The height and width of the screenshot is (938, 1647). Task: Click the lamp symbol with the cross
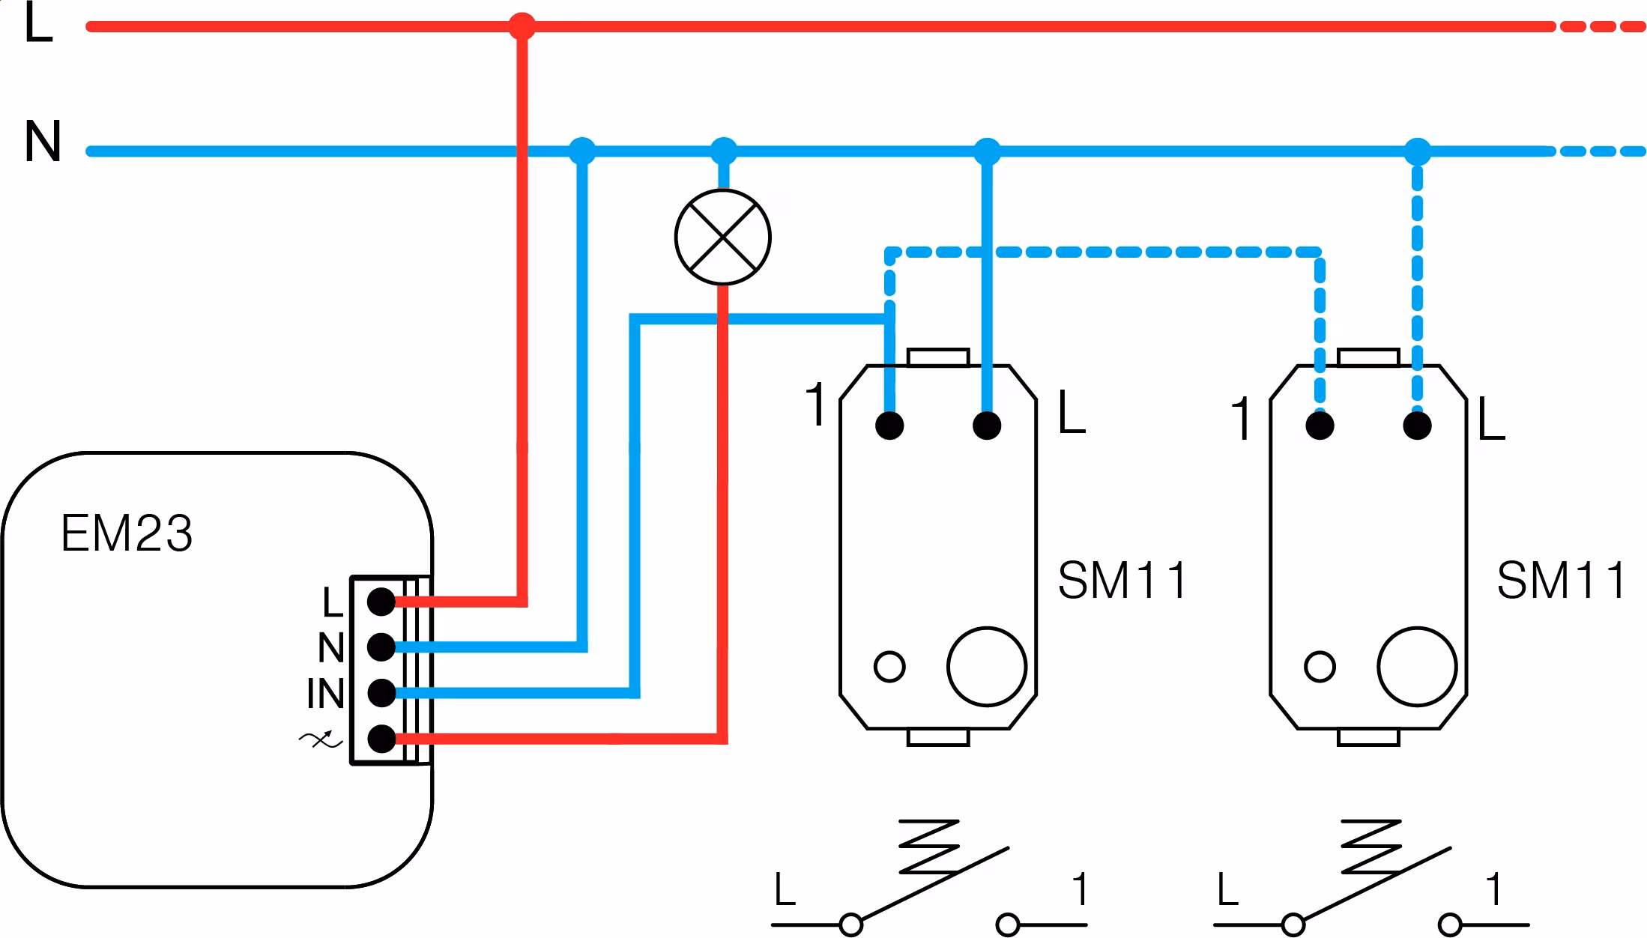pyautogui.click(x=722, y=237)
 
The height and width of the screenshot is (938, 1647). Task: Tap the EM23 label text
pyautogui.click(x=127, y=533)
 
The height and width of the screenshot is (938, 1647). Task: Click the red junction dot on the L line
pyautogui.click(x=522, y=27)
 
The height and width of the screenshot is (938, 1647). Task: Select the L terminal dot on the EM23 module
pyautogui.click(x=381, y=601)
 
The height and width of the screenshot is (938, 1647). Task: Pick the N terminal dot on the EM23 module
pyautogui.click(x=381, y=647)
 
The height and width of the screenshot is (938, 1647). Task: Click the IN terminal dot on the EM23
pyautogui.click(x=381, y=693)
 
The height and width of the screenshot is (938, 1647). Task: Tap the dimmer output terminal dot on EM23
pyautogui.click(x=381, y=739)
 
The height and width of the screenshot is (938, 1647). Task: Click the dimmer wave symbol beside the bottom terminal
pyautogui.click(x=321, y=740)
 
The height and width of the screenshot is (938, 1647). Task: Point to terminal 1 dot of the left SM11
pyautogui.click(x=889, y=426)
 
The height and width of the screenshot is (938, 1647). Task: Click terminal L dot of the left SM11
pyautogui.click(x=986, y=426)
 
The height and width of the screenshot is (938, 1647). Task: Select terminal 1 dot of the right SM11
pyautogui.click(x=1320, y=426)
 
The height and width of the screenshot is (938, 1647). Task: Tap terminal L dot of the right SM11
pyautogui.click(x=1417, y=426)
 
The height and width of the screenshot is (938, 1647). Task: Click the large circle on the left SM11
pyautogui.click(x=986, y=666)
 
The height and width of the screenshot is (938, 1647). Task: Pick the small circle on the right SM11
pyautogui.click(x=1320, y=666)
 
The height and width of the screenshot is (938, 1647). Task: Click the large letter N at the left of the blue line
pyautogui.click(x=43, y=142)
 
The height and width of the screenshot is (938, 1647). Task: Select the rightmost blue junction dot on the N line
pyautogui.click(x=1416, y=151)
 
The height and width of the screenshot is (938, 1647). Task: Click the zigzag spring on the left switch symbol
pyautogui.click(x=929, y=847)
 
